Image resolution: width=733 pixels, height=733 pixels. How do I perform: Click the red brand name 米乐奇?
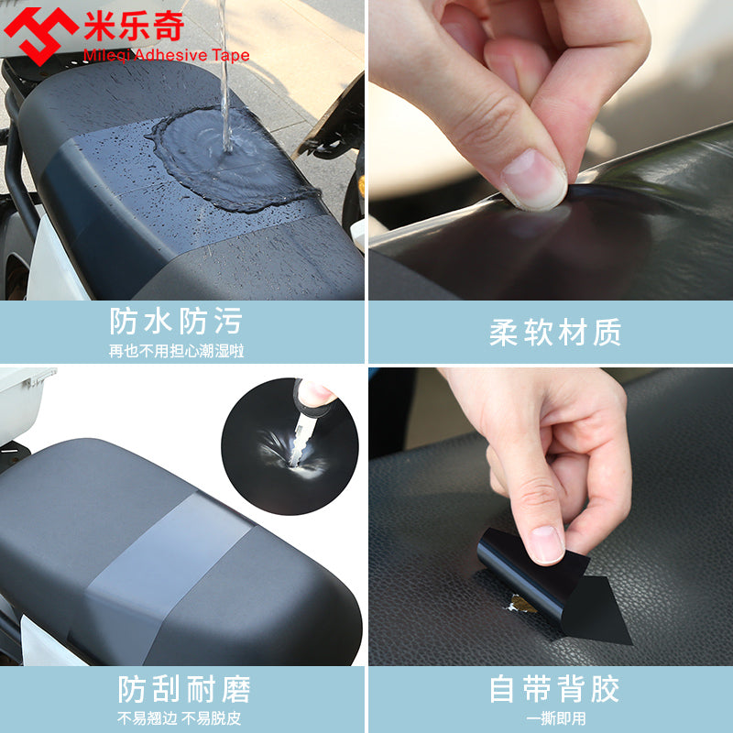(134, 26)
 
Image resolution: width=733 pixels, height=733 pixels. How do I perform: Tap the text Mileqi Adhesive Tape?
(166, 55)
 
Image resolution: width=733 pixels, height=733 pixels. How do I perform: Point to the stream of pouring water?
(225, 75)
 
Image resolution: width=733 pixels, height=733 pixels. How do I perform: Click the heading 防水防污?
(176, 322)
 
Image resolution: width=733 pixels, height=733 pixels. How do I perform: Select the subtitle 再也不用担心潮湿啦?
(176, 351)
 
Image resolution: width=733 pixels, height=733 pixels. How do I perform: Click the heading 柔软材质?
(555, 333)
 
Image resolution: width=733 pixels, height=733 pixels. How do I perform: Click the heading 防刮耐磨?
(184, 689)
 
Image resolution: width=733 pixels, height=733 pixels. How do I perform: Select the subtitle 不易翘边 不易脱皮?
(179, 718)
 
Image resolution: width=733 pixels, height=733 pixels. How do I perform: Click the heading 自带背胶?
(555, 689)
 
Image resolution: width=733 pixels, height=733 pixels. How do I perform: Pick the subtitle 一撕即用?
(555, 718)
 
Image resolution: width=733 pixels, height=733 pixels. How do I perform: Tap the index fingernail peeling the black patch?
(546, 544)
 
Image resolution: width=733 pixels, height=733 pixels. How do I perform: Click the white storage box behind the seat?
(22, 403)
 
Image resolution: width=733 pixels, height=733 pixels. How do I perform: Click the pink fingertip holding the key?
(314, 393)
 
